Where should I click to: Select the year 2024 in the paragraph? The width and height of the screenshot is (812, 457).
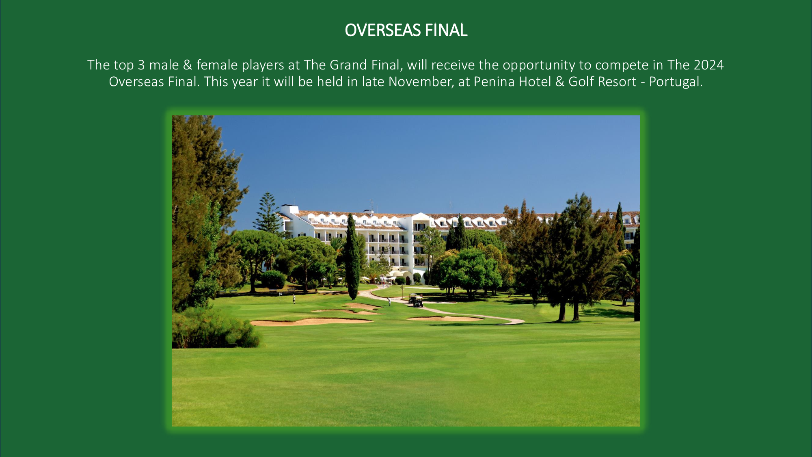(x=708, y=65)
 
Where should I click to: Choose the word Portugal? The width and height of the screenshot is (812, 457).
(x=676, y=82)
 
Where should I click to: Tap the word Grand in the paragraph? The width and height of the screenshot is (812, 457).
(x=348, y=65)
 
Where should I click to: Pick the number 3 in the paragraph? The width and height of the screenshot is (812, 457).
(x=141, y=65)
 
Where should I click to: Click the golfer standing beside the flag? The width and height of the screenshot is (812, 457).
(x=294, y=299)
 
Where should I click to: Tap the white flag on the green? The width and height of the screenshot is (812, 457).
(x=280, y=294)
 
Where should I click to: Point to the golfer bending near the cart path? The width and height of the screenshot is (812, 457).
(x=389, y=301)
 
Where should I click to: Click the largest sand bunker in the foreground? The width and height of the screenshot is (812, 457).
(x=311, y=322)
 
